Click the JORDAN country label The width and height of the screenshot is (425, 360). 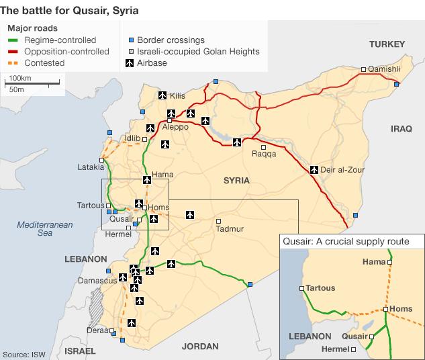(199, 347)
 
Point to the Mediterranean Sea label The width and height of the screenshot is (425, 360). (44, 229)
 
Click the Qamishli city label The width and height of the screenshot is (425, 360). (385, 69)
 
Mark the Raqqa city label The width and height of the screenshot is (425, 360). (263, 154)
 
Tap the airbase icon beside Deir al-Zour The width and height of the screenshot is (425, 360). (314, 169)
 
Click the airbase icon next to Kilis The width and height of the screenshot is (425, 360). (162, 95)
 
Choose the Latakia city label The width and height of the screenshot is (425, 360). (91, 167)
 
